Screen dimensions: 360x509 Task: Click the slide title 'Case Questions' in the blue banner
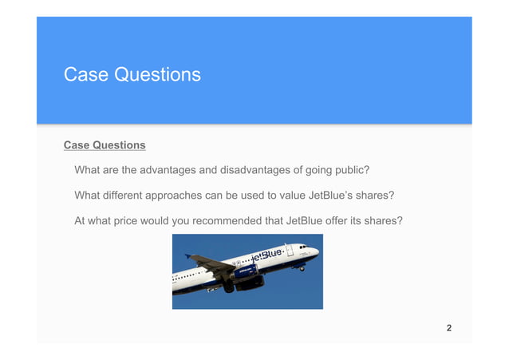[x=132, y=75]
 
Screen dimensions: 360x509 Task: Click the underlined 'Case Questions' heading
[x=105, y=146]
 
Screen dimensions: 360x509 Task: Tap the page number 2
[x=449, y=328]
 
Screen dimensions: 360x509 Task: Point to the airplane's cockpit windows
[x=304, y=247]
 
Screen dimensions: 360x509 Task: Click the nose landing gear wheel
[x=302, y=268]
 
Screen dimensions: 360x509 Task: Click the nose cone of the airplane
[x=317, y=251]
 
